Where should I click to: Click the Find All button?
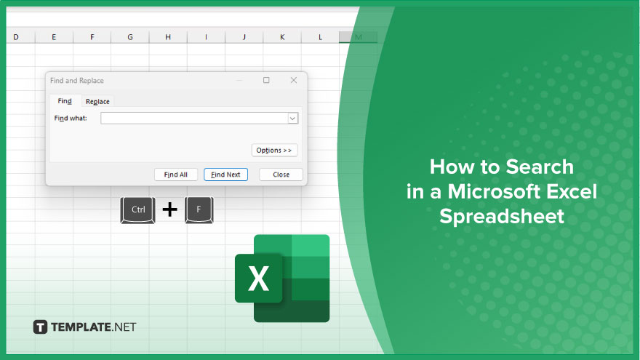coord(176,175)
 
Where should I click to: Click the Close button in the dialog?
coord(281,175)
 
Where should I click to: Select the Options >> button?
coord(274,151)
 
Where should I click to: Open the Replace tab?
coord(97,101)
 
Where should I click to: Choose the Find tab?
coord(65,101)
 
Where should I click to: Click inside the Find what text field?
coord(194,119)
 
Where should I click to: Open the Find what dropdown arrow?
coord(292,119)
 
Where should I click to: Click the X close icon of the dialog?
coord(294,80)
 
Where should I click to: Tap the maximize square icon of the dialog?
coord(266,80)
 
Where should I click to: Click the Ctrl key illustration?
coord(138,209)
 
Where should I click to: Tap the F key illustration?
coord(199,209)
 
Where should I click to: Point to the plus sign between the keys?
coord(169,209)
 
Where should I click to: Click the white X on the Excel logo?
coord(258,279)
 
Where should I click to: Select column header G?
coord(130,37)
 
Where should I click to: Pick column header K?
coord(282,37)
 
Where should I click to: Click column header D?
coord(16,37)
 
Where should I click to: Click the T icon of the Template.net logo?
coord(40,327)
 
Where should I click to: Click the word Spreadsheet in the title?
coord(502,216)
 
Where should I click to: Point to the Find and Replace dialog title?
coord(77,81)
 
